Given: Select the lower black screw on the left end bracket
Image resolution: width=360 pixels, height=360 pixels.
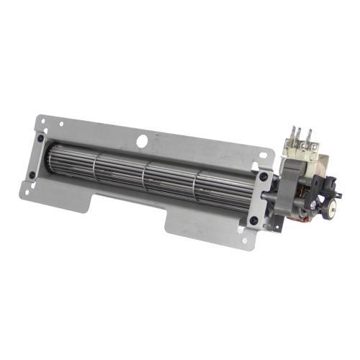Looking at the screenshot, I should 32,174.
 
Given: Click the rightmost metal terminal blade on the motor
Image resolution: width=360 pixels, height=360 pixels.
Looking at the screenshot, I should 311,137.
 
